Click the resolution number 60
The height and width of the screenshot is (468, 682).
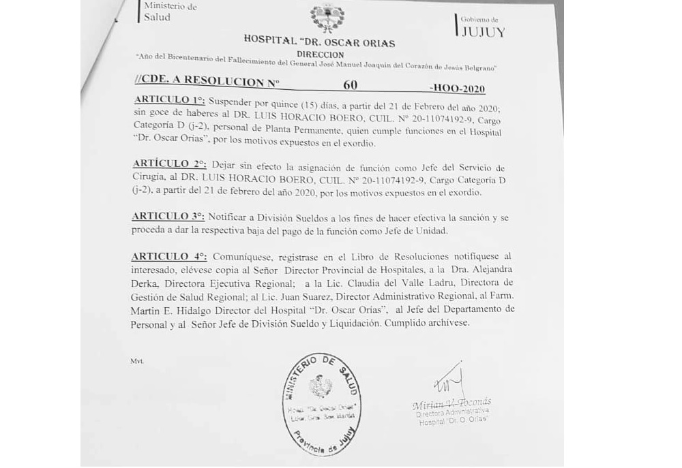point(351,84)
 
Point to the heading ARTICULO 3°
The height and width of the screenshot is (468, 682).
point(167,215)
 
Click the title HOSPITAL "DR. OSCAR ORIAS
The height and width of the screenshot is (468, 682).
point(319,44)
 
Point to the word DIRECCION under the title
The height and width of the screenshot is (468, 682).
point(321,54)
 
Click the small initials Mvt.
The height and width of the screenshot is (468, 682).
point(136,360)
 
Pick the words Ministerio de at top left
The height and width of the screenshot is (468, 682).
point(170,6)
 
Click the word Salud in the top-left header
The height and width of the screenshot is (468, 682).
point(157,18)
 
